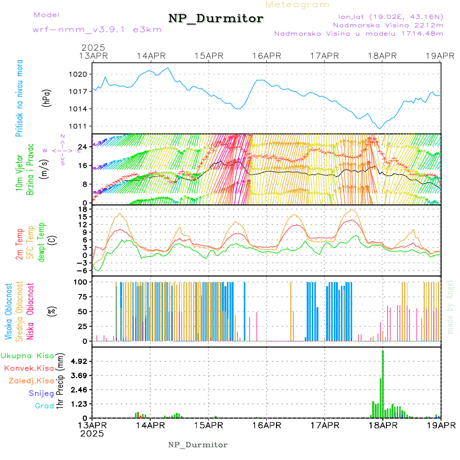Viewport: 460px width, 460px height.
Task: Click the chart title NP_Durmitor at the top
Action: point(216,19)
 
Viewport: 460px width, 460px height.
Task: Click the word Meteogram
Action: point(297,5)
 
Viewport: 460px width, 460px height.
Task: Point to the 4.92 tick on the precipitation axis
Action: point(79,361)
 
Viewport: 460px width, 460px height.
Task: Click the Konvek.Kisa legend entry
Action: point(29,368)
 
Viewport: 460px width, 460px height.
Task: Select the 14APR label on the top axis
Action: point(150,56)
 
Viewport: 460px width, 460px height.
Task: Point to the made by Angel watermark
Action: point(450,307)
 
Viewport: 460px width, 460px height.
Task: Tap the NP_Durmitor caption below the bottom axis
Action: point(198,445)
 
